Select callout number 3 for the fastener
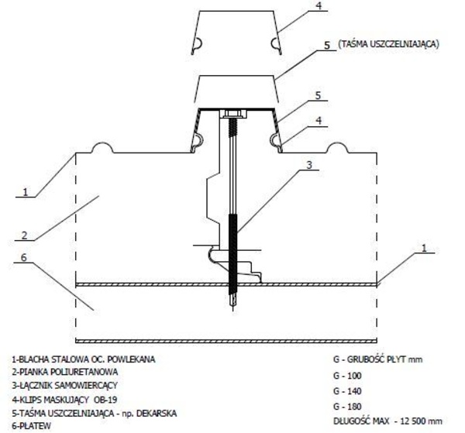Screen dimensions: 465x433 pyautogui.click(x=309, y=165)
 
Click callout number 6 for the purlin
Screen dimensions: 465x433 pyautogui.click(x=24, y=257)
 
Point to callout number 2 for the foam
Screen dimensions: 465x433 pyautogui.click(x=25, y=235)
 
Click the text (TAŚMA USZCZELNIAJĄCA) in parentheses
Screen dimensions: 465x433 pyautogui.click(x=388, y=44)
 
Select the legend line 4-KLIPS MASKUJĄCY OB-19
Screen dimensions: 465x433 pyautogui.click(x=64, y=400)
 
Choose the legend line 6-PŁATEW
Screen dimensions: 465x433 pyautogui.click(x=32, y=426)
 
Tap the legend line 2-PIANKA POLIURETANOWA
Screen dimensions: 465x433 pyautogui.click(x=65, y=372)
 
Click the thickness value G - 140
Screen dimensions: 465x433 pyautogui.click(x=347, y=391)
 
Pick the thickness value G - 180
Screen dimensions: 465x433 pyautogui.click(x=347, y=407)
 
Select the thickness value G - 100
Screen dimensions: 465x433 pyautogui.click(x=347, y=376)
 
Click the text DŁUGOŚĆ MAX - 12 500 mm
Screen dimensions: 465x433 pyautogui.click(x=388, y=421)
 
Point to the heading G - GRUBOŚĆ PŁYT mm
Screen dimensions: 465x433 pyautogui.click(x=378, y=359)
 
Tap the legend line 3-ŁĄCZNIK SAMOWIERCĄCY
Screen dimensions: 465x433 pyautogui.click(x=65, y=386)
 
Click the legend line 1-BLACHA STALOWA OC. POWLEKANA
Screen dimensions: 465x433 pyautogui.click(x=84, y=359)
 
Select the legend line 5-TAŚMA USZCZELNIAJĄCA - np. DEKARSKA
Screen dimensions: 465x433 pyautogui.click(x=95, y=413)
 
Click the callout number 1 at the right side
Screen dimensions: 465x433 pyautogui.click(x=424, y=248)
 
